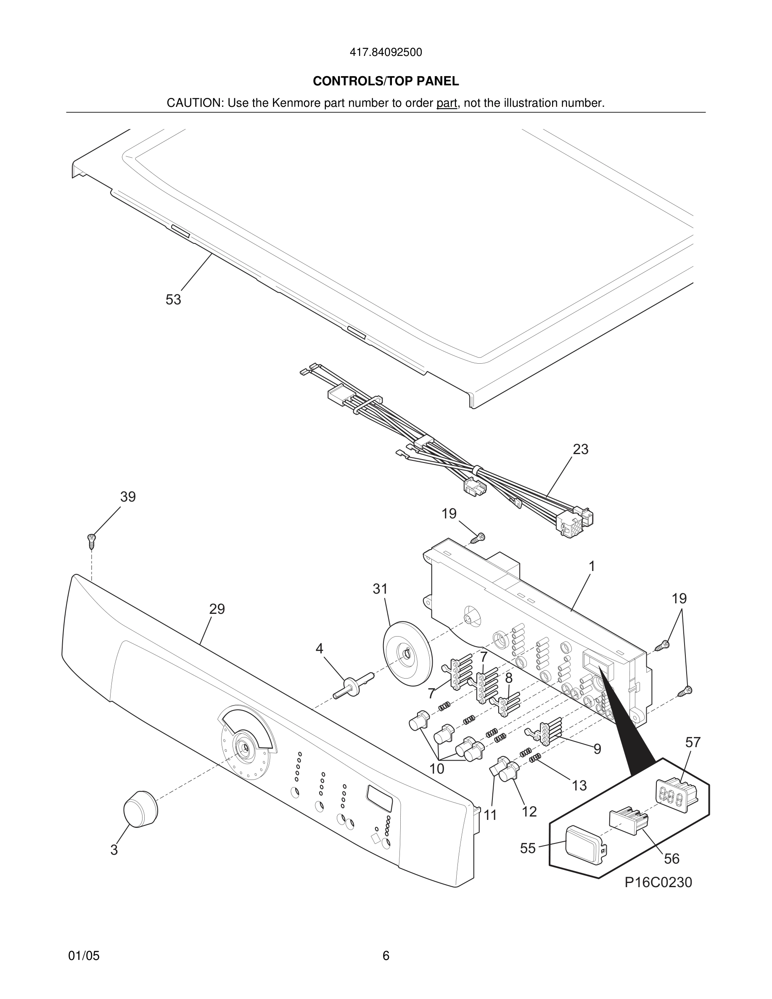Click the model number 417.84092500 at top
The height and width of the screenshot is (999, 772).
click(x=386, y=53)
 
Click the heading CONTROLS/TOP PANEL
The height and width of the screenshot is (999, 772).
click(x=386, y=82)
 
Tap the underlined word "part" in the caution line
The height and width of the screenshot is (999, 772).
click(x=447, y=103)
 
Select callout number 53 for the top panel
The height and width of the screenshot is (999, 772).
click(x=173, y=300)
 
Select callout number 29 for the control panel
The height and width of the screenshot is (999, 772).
click(x=217, y=609)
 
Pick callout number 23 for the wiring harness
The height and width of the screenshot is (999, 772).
click(x=580, y=449)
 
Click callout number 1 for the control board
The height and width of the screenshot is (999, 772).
click(x=592, y=566)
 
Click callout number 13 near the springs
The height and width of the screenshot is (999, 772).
click(x=579, y=785)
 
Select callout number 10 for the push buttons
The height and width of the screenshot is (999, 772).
click(x=437, y=769)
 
